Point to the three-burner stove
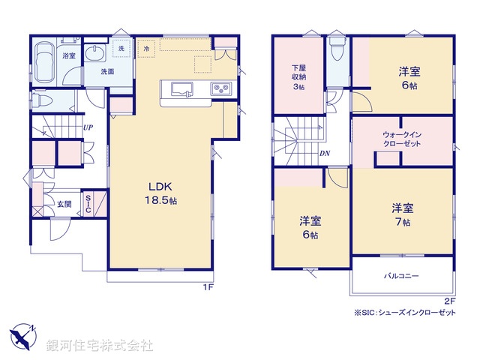pos(223,88)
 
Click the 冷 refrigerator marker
pos(147,49)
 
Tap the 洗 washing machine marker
pos(121,49)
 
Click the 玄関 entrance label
pos(64,203)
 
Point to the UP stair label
pos(88,127)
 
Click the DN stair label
pos(325,154)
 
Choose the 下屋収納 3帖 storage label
pos(298,77)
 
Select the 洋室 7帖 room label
pos(402,214)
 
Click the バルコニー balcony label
pos(402,276)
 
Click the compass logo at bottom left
pos(23,335)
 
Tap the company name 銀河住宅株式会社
pos(99,346)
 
